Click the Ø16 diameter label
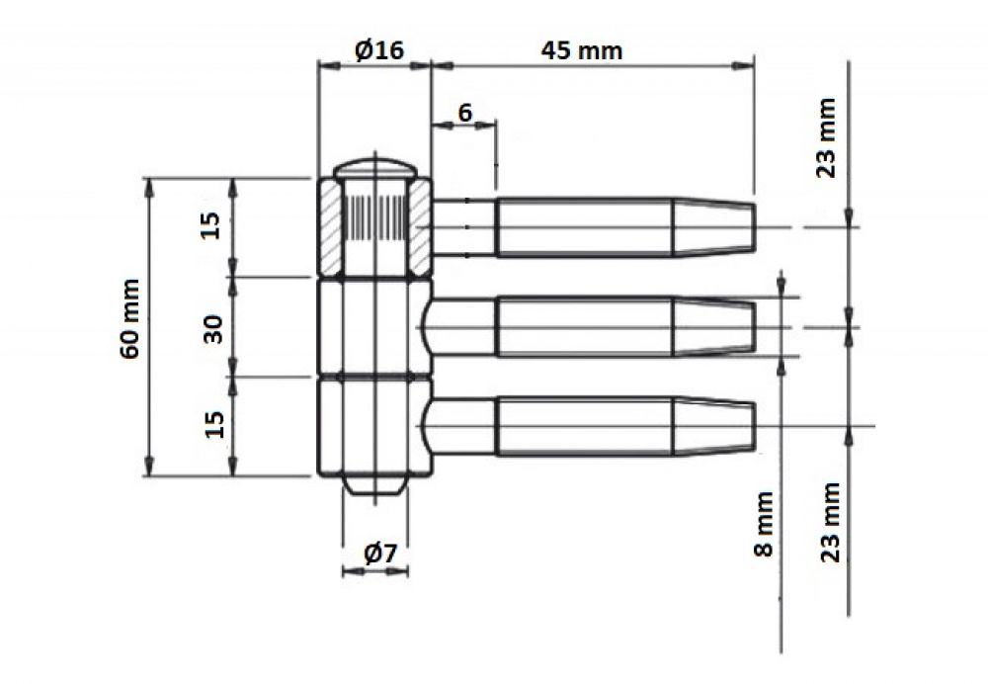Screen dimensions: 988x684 378,49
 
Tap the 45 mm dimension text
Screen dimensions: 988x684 582,50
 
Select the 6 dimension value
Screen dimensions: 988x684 465,113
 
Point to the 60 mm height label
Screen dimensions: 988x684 129,319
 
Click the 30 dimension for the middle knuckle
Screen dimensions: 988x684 214,328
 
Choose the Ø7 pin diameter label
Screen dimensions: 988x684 381,554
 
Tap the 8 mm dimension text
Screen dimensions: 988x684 763,525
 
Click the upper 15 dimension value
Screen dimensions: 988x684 211,225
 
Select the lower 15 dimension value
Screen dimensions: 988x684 214,424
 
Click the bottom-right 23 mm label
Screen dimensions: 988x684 831,522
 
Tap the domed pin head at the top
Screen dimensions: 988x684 374,168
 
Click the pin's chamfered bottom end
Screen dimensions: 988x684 374,484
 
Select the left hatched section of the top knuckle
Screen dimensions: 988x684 331,227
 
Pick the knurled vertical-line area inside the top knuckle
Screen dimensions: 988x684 375,217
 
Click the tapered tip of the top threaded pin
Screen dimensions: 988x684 714,227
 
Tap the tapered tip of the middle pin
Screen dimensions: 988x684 714,327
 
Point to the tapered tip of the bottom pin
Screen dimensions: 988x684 714,426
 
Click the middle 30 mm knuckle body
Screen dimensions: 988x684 374,327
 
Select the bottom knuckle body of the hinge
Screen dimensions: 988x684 374,426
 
